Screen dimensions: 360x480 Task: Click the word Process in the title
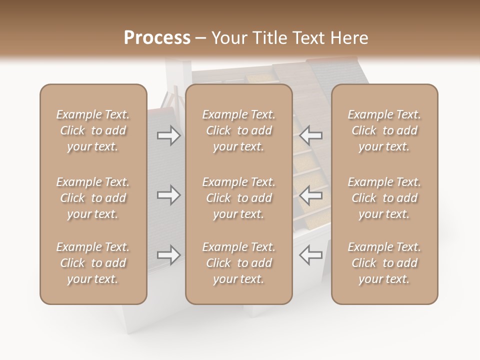tap(157, 38)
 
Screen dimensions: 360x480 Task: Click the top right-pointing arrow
tap(168, 135)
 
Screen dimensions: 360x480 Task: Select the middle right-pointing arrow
tap(168, 195)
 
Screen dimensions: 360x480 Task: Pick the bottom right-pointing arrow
tap(168, 255)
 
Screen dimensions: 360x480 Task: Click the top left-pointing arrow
tap(311, 135)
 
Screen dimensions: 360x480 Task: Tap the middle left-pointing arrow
tap(311, 195)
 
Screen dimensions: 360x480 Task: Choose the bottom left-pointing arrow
tap(311, 255)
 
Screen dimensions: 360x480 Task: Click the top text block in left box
tap(93, 130)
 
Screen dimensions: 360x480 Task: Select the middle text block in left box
tap(93, 198)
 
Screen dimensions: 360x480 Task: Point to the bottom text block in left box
tap(93, 263)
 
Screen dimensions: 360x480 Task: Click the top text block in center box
tap(238, 130)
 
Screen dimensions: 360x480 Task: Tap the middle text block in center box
tap(238, 198)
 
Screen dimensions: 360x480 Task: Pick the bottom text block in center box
tap(238, 263)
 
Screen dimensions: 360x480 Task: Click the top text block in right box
tap(384, 130)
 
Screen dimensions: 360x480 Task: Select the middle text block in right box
tap(384, 198)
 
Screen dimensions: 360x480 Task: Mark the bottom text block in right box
tap(384, 263)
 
